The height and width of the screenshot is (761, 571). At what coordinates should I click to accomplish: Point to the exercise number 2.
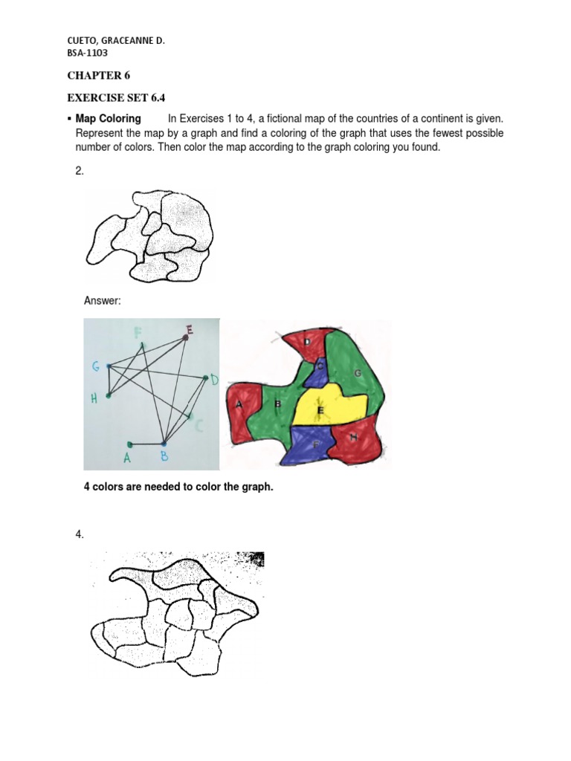pos(80,171)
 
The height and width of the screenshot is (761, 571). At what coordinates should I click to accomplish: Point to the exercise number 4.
pos(80,535)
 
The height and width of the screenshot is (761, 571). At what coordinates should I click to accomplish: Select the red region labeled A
pos(242,407)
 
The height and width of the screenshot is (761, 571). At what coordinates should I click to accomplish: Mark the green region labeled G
pos(358,375)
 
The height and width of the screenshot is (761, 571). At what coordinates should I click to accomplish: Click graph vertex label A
pos(126,459)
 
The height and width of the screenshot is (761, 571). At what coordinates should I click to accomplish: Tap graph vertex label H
pos(94,398)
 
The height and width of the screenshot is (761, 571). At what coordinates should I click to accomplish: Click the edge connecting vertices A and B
pos(147,444)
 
